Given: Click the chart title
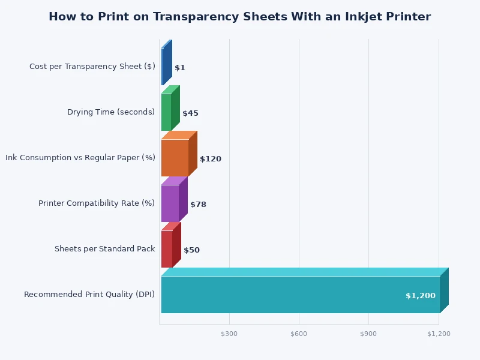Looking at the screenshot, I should pos(239,17).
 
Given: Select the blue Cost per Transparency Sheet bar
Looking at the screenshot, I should pos(163,66).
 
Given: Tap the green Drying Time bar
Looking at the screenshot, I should pos(166,112).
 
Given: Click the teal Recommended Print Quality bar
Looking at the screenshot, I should pos(300,294).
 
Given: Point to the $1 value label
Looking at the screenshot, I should pos(180,68).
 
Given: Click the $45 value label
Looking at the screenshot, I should pos(190,113).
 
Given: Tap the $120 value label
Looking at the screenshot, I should pos(211,159).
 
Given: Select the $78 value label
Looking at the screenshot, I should pos(198,205).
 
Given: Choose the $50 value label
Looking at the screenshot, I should pos(191,250).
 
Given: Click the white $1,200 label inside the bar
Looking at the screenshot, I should pos(420,296).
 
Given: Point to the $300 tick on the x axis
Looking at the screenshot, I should pos(229,334).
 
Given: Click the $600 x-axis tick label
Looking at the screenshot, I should pos(299,334).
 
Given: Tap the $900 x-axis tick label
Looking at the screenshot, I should pos(368,334).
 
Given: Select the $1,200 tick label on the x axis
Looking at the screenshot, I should pos(439,334).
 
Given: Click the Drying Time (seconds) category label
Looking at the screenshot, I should pos(111,112).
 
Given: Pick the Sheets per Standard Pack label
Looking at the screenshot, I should pos(104,249).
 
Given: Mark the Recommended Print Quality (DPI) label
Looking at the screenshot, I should pos(89,295).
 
